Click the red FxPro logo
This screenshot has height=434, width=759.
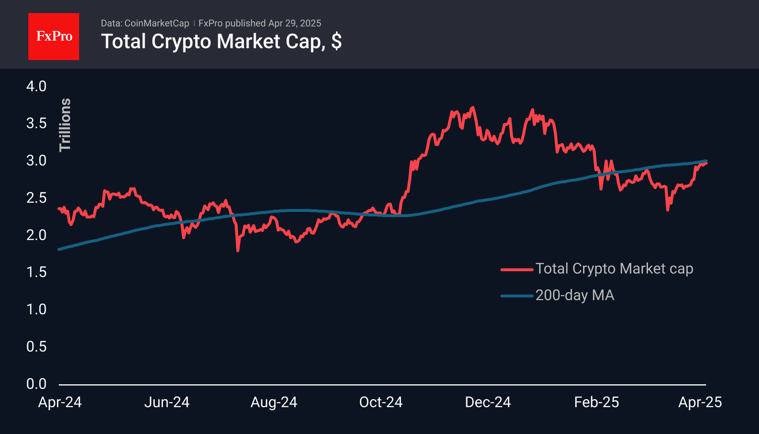[54, 36]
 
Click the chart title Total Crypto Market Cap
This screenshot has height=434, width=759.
[221, 41]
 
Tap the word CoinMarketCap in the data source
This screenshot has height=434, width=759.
[157, 23]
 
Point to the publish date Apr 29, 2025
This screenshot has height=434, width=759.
[295, 23]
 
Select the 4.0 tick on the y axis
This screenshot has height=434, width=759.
[36, 86]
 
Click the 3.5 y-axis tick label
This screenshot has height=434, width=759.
[36, 123]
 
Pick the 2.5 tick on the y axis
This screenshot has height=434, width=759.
[36, 198]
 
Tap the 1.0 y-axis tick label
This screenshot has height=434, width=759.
[36, 310]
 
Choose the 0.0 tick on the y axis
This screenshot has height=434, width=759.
[36, 384]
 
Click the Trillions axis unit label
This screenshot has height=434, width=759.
[65, 125]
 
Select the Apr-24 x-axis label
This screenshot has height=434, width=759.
[60, 402]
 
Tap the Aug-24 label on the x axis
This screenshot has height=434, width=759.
[274, 402]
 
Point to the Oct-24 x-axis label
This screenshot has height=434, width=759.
[381, 402]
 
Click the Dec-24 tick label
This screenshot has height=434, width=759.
[488, 402]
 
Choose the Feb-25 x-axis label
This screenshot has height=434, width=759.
[596, 402]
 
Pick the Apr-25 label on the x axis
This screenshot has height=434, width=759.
[700, 402]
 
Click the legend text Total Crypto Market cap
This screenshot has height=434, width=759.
[614, 269]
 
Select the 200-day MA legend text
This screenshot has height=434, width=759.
[575, 295]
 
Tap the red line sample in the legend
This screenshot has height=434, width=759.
[517, 270]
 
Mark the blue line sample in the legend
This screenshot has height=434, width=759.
[517, 296]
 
